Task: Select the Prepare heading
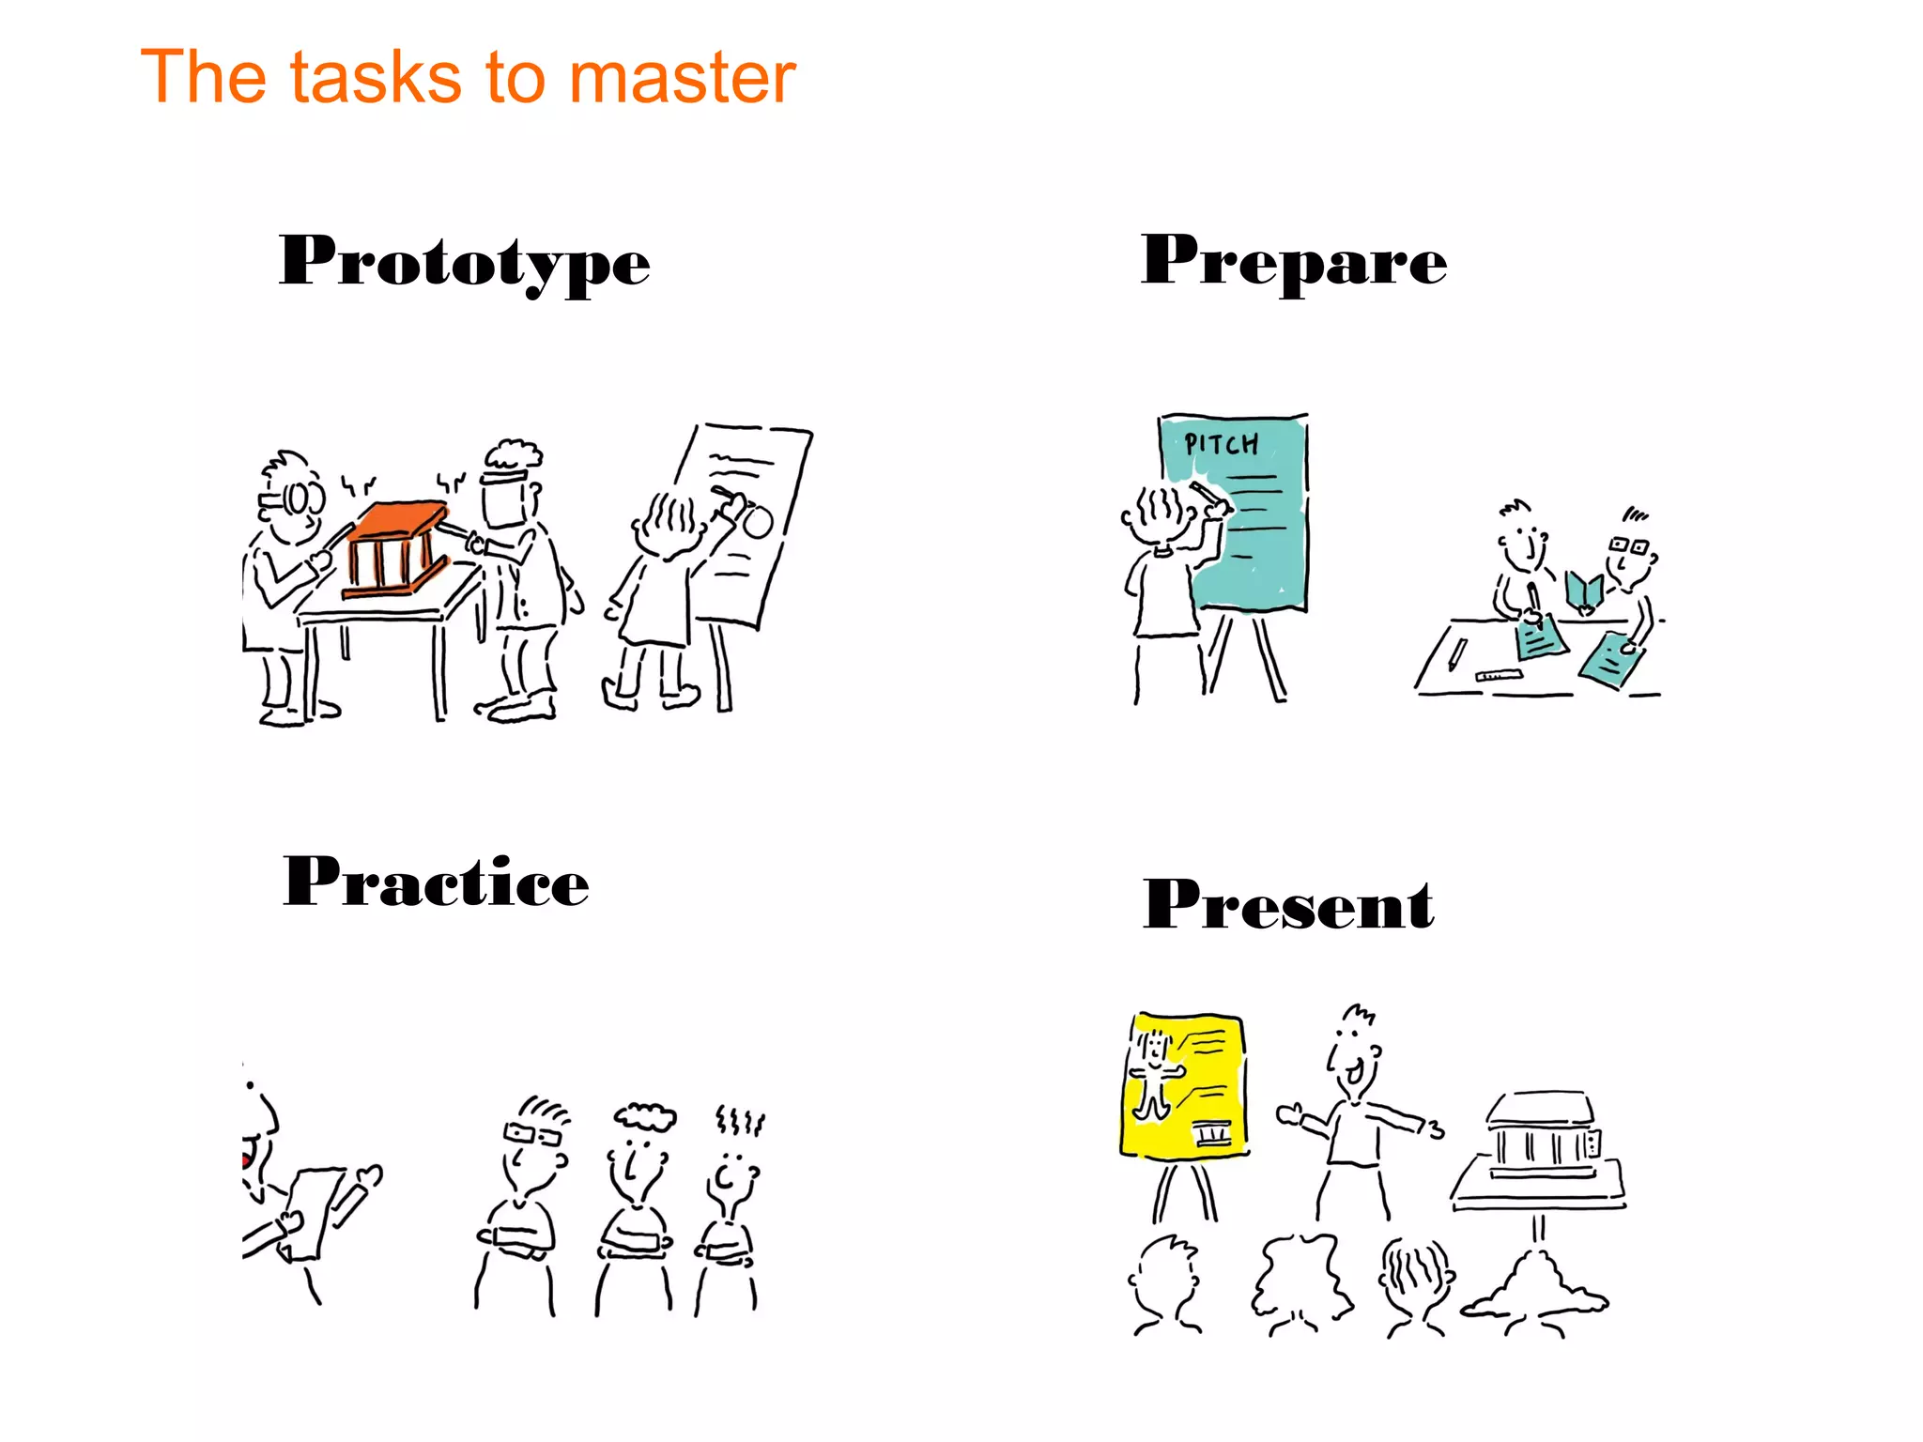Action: click(x=1293, y=261)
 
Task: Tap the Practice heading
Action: click(x=436, y=882)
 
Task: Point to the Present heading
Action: click(x=1287, y=905)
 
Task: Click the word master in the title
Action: click(x=683, y=77)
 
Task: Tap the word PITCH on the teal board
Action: click(x=1221, y=444)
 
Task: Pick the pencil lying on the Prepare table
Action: click(x=1456, y=653)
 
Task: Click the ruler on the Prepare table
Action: click(x=1499, y=675)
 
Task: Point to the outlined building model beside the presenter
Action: click(x=1541, y=1150)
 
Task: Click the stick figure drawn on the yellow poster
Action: click(x=1153, y=1075)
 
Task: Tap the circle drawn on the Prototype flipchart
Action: click(x=757, y=522)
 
